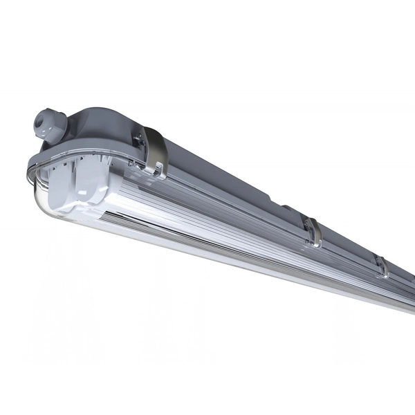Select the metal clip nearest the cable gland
[154, 150]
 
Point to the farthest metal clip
[382, 266]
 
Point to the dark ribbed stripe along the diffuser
[207, 225]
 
